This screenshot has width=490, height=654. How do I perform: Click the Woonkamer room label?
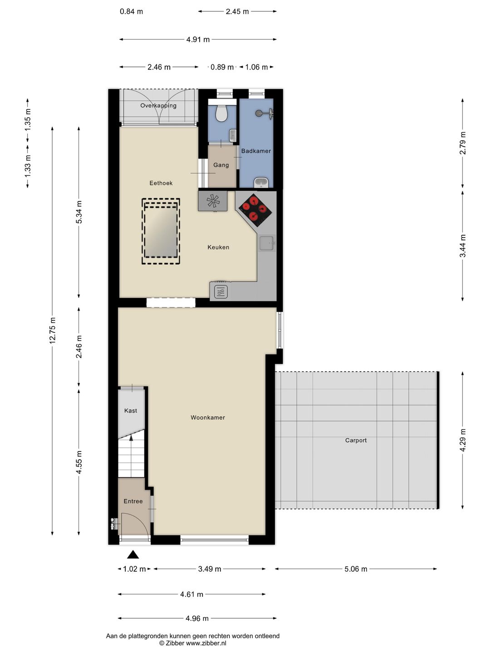click(208, 417)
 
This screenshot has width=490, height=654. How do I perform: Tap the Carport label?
click(356, 440)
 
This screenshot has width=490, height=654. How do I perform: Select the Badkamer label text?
click(256, 151)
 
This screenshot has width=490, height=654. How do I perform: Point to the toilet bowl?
click(222, 114)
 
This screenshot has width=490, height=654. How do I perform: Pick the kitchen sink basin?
click(267, 243)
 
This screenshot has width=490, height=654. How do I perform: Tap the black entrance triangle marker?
click(133, 554)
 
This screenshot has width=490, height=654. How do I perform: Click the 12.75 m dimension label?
click(52, 331)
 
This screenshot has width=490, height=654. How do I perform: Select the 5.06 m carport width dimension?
click(356, 569)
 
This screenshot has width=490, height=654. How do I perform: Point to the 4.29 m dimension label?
click(463, 440)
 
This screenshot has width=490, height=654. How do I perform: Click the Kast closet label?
click(131, 411)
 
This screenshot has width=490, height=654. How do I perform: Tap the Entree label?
click(133, 501)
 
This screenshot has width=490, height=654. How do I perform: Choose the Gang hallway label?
click(221, 165)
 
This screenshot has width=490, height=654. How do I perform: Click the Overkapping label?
click(158, 105)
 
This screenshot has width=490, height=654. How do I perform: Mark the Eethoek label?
click(161, 183)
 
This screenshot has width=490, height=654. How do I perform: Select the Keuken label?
click(218, 247)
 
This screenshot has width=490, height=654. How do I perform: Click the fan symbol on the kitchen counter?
click(213, 201)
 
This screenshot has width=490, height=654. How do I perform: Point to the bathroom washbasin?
click(261, 182)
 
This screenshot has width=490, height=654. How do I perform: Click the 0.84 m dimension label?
click(131, 12)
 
